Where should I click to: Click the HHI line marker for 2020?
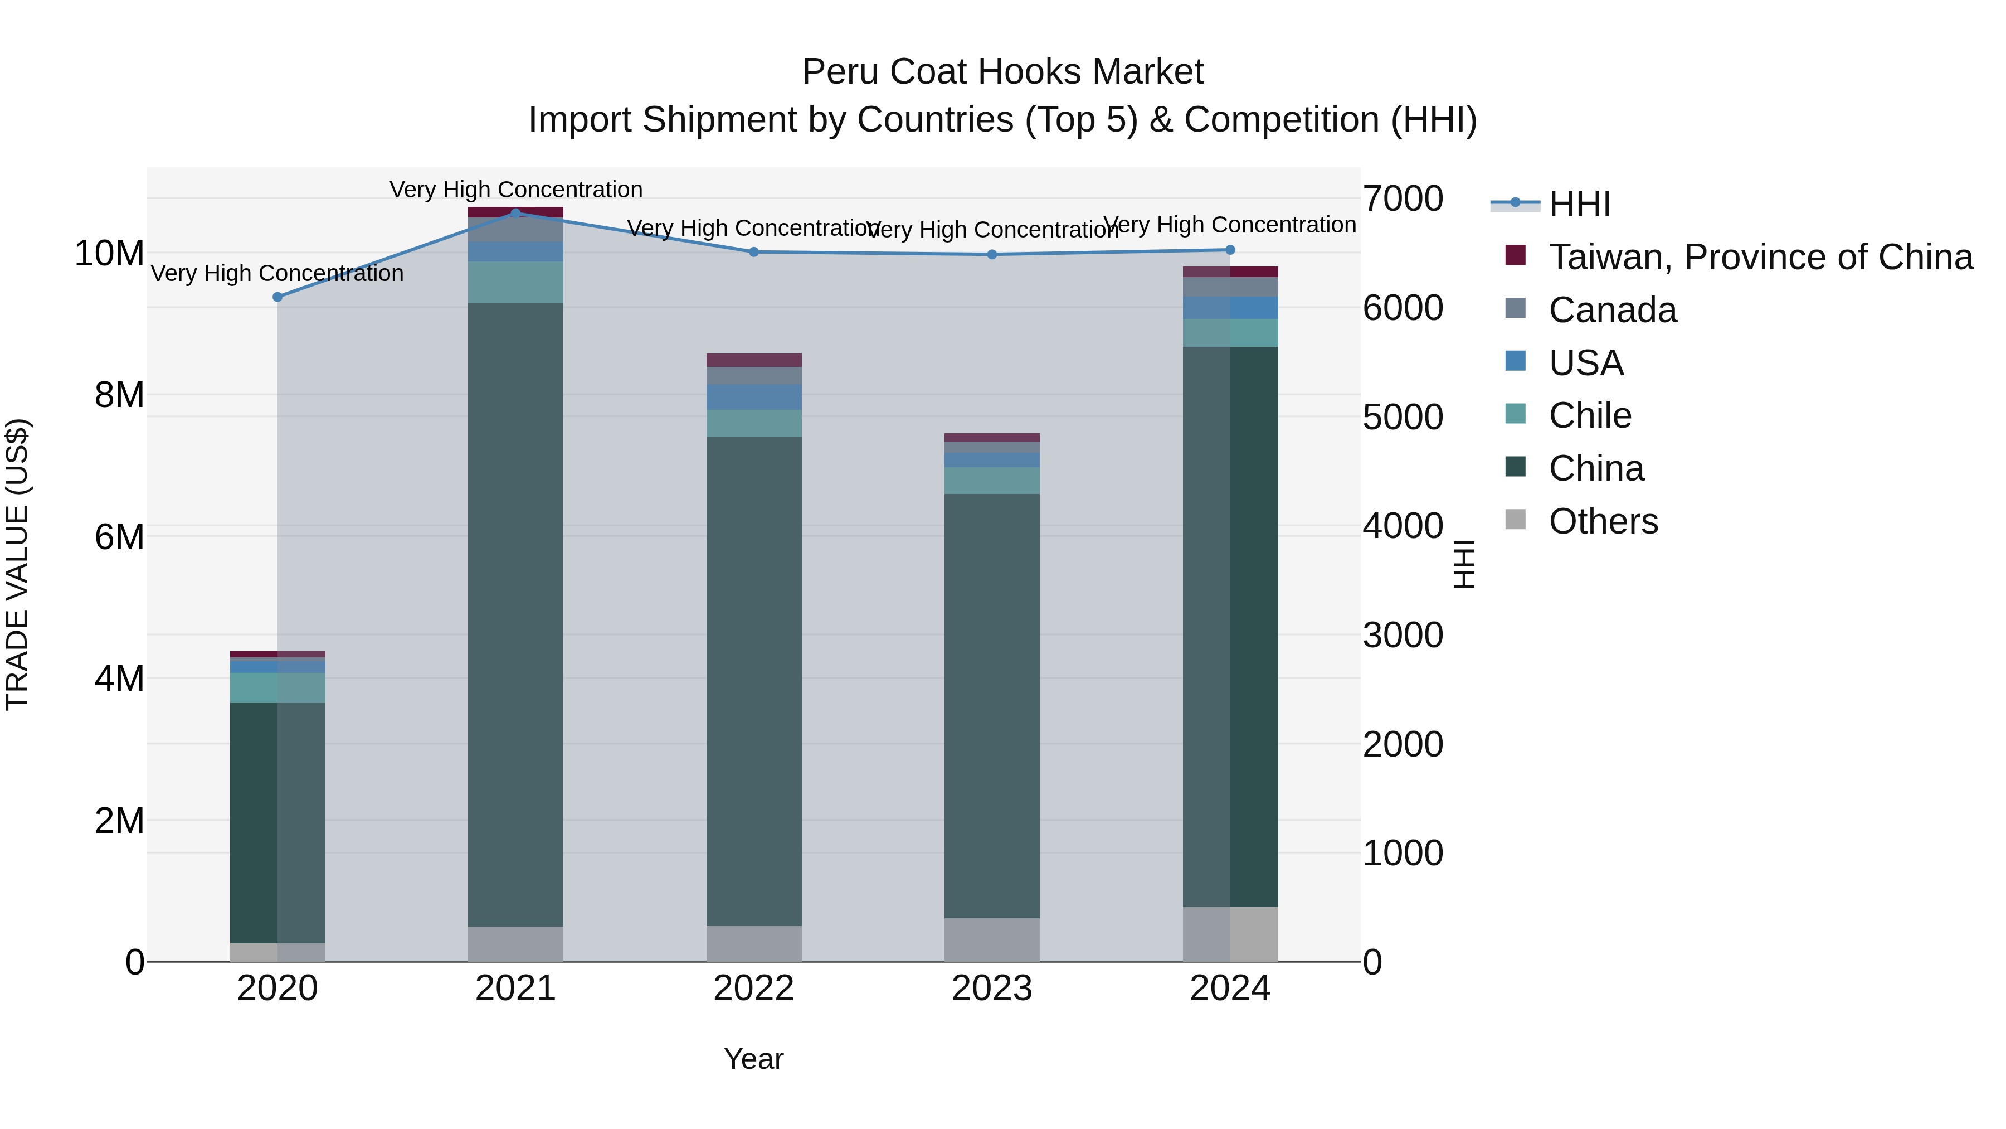click(x=277, y=297)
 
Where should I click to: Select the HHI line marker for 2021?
click(x=515, y=213)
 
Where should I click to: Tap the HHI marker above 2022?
click(x=754, y=251)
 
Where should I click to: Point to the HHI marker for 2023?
click(x=992, y=254)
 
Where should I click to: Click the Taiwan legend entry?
click(x=1760, y=257)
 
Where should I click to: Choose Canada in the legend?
click(x=1612, y=310)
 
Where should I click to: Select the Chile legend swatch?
click(x=1516, y=414)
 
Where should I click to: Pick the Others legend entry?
click(x=1603, y=521)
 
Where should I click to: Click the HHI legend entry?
click(x=1579, y=204)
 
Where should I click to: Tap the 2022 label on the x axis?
click(x=754, y=989)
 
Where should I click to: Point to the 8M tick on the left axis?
click(x=119, y=395)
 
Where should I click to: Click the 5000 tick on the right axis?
click(x=1403, y=417)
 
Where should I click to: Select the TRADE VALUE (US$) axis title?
click(x=17, y=564)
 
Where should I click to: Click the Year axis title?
click(x=754, y=1059)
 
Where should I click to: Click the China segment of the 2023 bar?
click(x=992, y=705)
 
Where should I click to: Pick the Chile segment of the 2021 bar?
click(x=515, y=282)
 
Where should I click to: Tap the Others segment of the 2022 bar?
click(x=754, y=943)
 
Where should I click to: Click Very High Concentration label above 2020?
click(x=277, y=274)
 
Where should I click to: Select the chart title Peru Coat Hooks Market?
click(x=1003, y=72)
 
